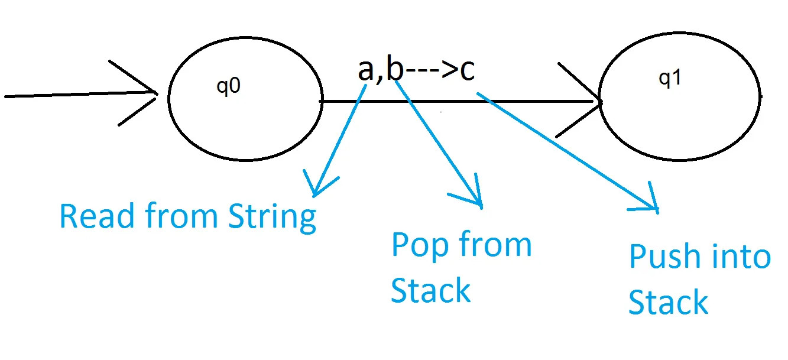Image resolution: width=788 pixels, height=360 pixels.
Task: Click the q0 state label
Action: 229,86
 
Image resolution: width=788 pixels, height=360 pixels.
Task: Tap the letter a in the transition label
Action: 367,70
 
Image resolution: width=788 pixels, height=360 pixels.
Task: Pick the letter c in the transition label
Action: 467,70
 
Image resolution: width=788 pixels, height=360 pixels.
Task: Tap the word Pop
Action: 415,245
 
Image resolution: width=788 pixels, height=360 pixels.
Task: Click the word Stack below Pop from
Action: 430,290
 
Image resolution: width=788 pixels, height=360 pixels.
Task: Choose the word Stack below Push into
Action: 668,302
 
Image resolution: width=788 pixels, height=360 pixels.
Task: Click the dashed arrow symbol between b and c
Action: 432,70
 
